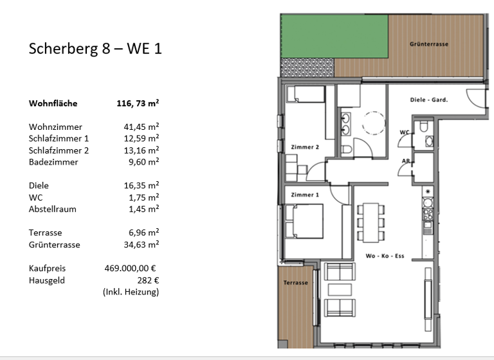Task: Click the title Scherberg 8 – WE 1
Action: tap(95, 50)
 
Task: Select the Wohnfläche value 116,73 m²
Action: tap(136, 103)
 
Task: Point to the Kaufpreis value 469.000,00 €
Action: tap(131, 268)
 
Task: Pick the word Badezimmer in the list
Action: tap(53, 162)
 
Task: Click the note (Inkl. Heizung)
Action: tap(131, 292)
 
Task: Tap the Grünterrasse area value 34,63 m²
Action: tap(141, 244)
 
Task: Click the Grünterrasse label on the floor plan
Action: tap(428, 44)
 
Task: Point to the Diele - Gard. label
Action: tap(428, 100)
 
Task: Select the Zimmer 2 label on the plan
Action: tap(305, 147)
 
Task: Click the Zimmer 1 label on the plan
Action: tap(305, 194)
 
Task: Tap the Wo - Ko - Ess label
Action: tap(385, 256)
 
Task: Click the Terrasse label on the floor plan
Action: tap(296, 283)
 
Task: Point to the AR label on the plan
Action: tap(406, 161)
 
